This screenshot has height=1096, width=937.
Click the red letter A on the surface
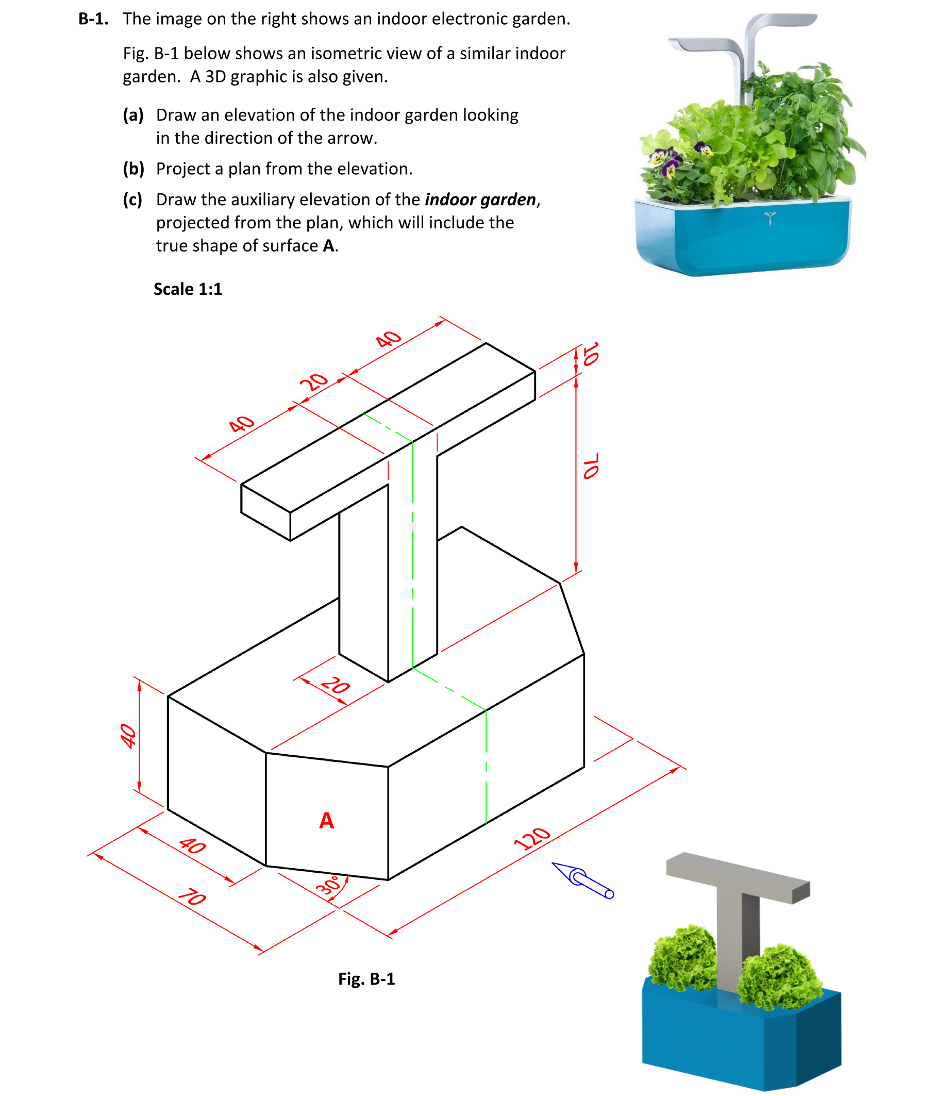tap(326, 820)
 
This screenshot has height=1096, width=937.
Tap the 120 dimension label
tap(532, 838)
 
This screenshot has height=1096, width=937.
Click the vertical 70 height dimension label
tap(591, 466)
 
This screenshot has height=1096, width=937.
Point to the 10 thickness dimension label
tap(591, 354)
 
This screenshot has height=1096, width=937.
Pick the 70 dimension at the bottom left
tap(192, 897)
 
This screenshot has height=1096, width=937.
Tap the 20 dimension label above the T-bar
tap(314, 381)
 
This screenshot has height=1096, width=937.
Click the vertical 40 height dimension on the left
tap(128, 736)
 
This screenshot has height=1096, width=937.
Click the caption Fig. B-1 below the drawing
tap(366, 979)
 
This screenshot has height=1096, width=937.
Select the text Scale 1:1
tap(188, 289)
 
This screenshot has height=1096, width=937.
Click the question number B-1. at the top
tap(94, 19)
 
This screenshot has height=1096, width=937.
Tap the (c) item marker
tap(133, 200)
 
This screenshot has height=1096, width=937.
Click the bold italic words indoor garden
tap(480, 200)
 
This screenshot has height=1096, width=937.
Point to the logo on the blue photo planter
tap(770, 218)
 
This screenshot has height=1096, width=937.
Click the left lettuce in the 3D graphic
tap(682, 957)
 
